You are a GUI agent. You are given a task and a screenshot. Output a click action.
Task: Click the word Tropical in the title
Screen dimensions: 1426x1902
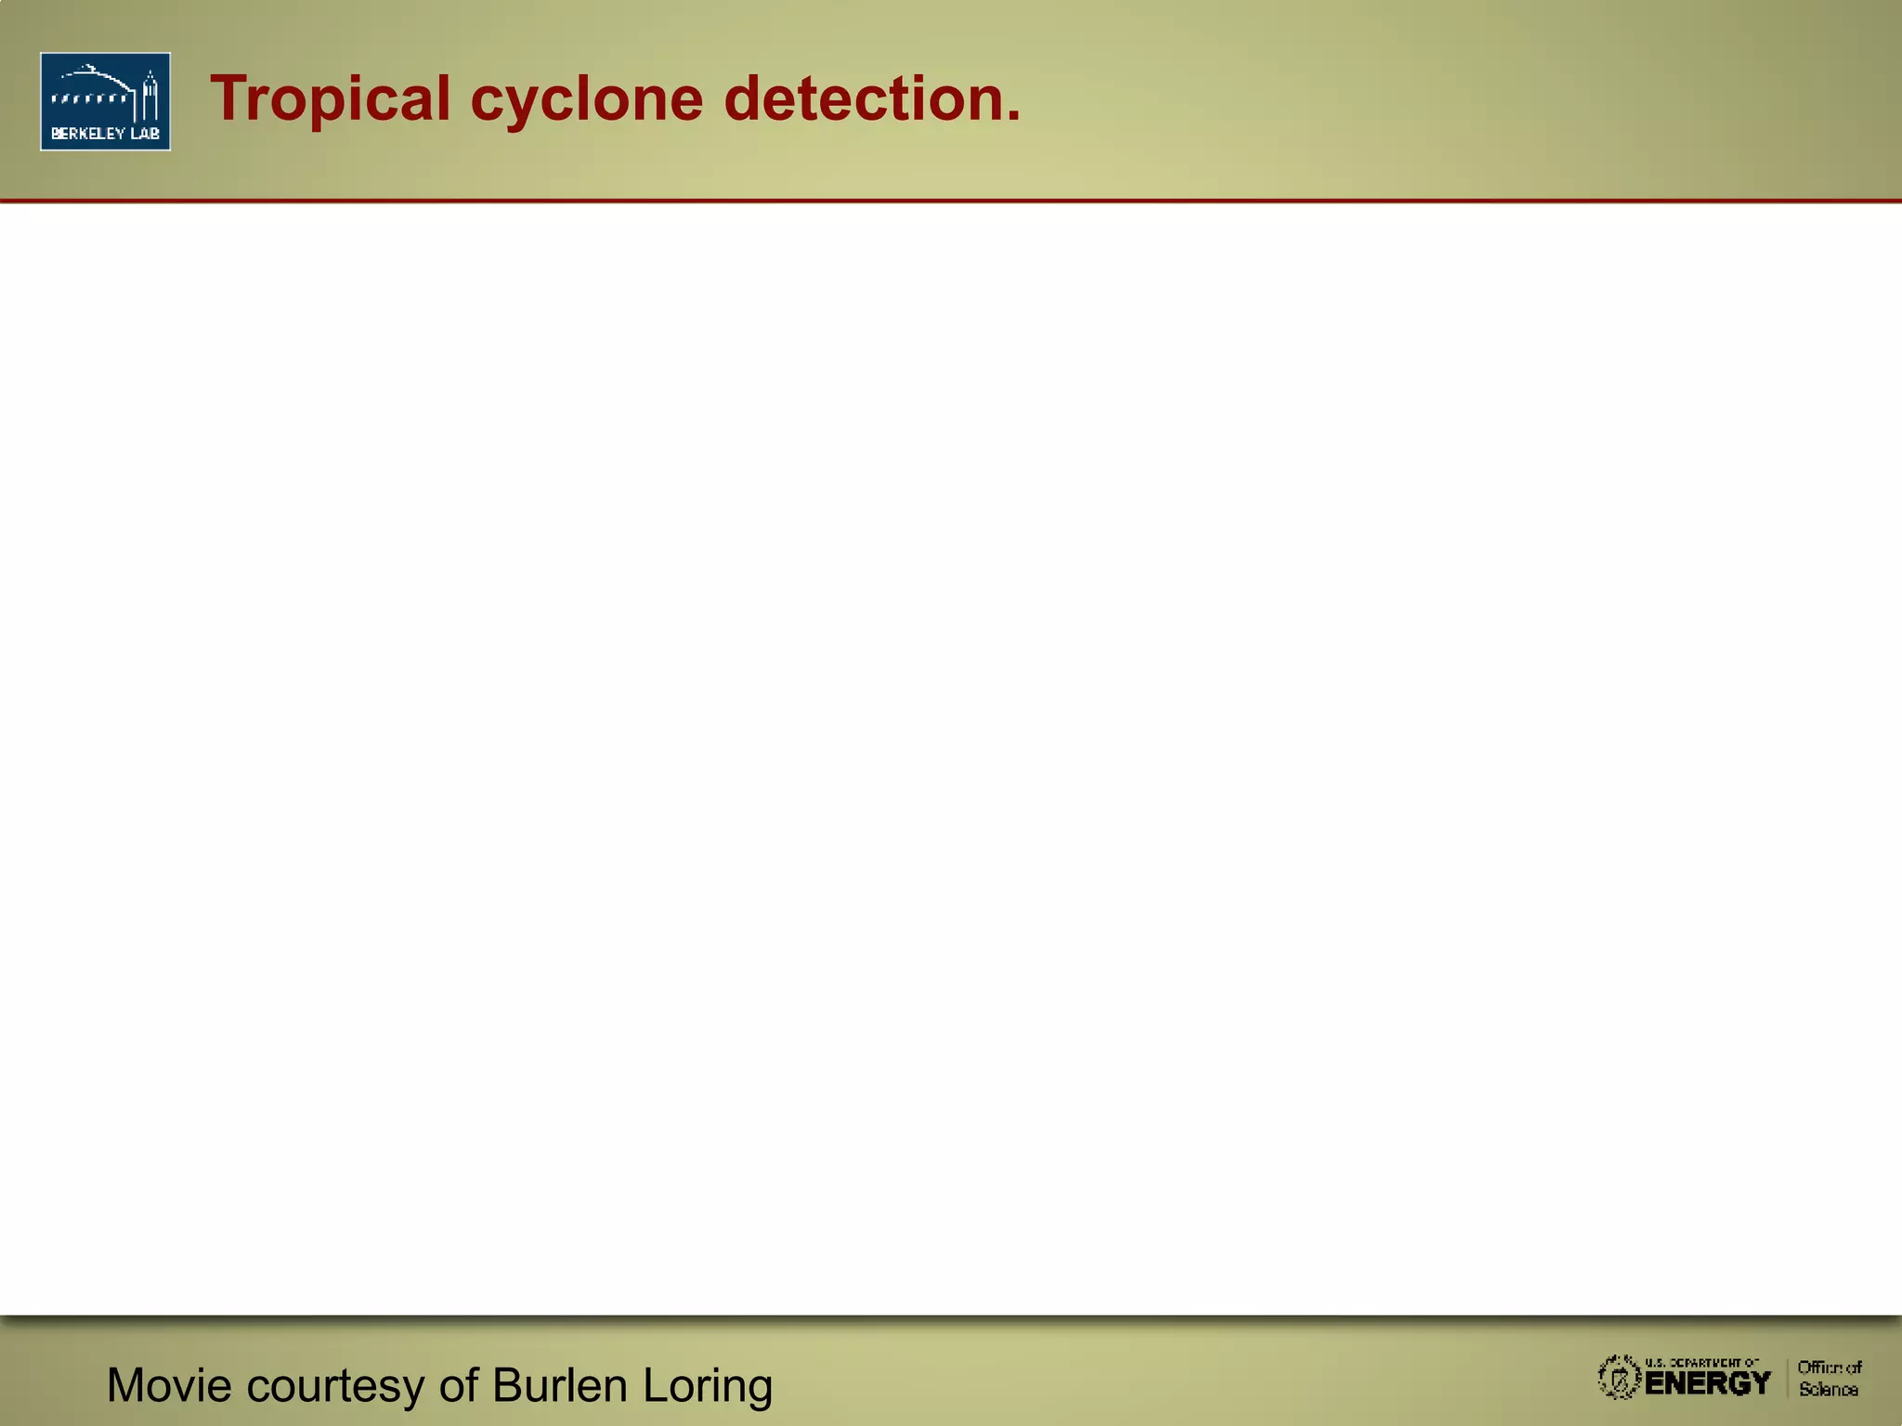[330, 99]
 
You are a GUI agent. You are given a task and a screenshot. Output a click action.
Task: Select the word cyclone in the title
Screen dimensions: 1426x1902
[587, 99]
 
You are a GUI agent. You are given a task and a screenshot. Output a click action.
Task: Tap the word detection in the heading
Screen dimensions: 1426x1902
[863, 99]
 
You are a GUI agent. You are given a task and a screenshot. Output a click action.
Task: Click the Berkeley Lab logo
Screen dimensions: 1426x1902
[105, 101]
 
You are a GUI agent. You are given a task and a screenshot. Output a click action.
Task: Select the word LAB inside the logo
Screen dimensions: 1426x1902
[145, 134]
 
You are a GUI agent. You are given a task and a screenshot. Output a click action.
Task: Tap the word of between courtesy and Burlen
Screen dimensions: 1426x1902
[458, 1385]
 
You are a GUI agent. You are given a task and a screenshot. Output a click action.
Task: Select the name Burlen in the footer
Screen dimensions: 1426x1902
[560, 1385]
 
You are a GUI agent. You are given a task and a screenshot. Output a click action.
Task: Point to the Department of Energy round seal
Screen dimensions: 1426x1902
[1619, 1378]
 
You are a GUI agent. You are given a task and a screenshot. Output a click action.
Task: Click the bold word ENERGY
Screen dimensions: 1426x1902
[1708, 1383]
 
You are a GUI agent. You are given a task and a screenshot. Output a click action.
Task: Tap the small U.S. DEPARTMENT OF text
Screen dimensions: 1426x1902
[1702, 1363]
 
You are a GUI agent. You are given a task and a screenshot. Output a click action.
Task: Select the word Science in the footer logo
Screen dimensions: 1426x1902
[1829, 1390]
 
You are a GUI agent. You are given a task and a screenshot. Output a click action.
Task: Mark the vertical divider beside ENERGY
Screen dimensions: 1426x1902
[1787, 1378]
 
